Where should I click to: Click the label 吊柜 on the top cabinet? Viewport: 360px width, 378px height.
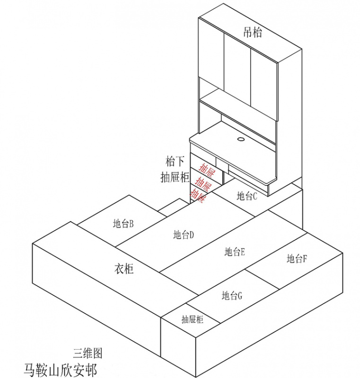click(252, 32)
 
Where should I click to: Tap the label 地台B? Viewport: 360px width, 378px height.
click(123, 223)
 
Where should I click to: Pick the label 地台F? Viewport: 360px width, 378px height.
click(297, 258)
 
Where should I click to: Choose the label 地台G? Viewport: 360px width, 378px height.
click(232, 296)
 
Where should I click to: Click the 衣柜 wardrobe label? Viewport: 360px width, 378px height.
click(124, 269)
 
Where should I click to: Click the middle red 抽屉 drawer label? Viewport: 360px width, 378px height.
click(204, 183)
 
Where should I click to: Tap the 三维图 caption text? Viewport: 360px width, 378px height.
click(88, 352)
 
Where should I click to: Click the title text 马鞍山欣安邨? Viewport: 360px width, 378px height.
click(60, 369)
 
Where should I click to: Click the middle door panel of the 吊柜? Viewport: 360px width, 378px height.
click(236, 71)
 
